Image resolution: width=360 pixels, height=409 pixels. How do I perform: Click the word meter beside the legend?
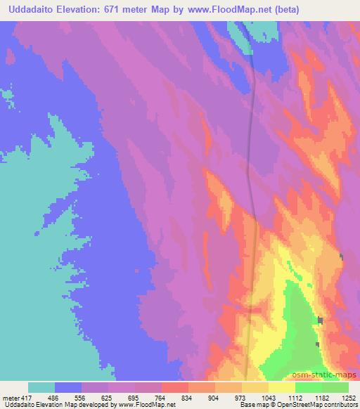[x=11, y=397]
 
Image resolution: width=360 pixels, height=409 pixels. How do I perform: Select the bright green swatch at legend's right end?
[x=335, y=387]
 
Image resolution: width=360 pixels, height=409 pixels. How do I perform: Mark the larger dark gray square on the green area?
[x=321, y=320]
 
